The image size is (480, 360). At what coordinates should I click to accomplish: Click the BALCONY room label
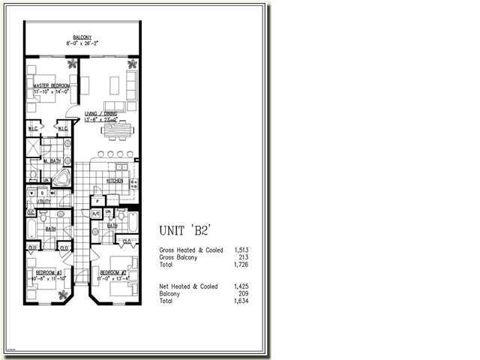coord(82,37)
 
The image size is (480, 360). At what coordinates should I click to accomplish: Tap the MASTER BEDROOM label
coord(52,86)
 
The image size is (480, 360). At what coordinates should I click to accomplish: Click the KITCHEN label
coord(115,181)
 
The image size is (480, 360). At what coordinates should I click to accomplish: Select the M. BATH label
coord(50,160)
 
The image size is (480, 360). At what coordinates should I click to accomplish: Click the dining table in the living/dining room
coord(117,130)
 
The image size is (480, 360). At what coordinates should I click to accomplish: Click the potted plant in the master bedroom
coord(72,64)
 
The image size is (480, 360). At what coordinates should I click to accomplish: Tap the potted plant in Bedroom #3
coord(63,294)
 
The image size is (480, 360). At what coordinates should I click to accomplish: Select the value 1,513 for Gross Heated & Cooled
coord(241,250)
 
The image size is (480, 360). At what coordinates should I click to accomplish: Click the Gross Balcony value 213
coord(243,257)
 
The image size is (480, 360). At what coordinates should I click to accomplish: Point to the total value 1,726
coord(241,265)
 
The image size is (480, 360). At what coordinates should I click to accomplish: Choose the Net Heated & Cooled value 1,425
coord(241,286)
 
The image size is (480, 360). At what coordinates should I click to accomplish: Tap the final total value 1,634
coord(241,301)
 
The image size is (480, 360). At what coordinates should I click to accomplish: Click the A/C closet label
coord(96,213)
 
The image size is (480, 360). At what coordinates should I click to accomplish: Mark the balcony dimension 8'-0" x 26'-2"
coord(82,43)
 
